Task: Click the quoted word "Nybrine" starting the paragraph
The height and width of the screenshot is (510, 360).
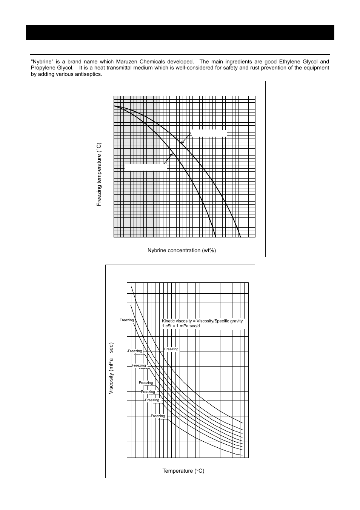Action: click(41, 62)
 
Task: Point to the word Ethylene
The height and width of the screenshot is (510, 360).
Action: click(289, 62)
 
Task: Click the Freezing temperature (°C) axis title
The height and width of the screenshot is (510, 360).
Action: click(99, 174)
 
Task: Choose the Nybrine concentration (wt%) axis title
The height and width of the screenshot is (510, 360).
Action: click(182, 250)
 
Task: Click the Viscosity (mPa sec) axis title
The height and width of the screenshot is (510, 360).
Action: click(111, 368)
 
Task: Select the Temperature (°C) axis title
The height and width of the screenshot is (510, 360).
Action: click(183, 471)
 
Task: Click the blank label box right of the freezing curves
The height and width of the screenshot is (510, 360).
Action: click(208, 133)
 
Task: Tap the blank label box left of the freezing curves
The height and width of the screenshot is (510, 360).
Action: click(146, 167)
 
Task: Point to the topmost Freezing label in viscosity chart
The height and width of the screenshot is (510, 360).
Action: click(127, 320)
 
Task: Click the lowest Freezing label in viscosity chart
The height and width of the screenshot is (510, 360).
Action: click(158, 416)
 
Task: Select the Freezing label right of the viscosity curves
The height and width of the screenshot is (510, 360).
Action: click(171, 349)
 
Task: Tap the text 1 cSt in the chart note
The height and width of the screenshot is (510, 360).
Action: click(167, 326)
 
